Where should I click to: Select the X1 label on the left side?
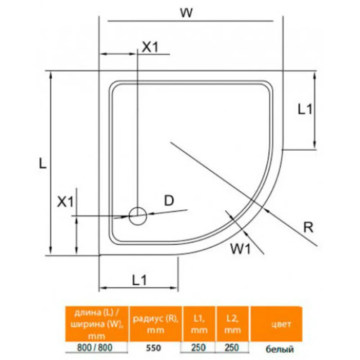65,202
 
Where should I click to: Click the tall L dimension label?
42,163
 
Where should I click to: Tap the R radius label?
308,228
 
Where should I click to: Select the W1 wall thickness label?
239,248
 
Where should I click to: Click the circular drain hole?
138,216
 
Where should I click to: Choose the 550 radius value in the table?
154,348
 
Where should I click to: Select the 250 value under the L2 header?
233,348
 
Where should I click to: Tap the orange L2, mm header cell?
233,324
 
